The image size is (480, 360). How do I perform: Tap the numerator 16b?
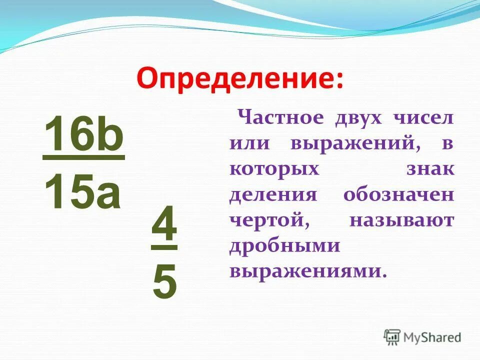(83, 134)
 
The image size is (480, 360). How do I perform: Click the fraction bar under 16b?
(83, 158)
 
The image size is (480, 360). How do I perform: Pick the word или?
(250, 144)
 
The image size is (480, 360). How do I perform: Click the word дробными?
(285, 246)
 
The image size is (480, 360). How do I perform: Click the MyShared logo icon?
(392, 336)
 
